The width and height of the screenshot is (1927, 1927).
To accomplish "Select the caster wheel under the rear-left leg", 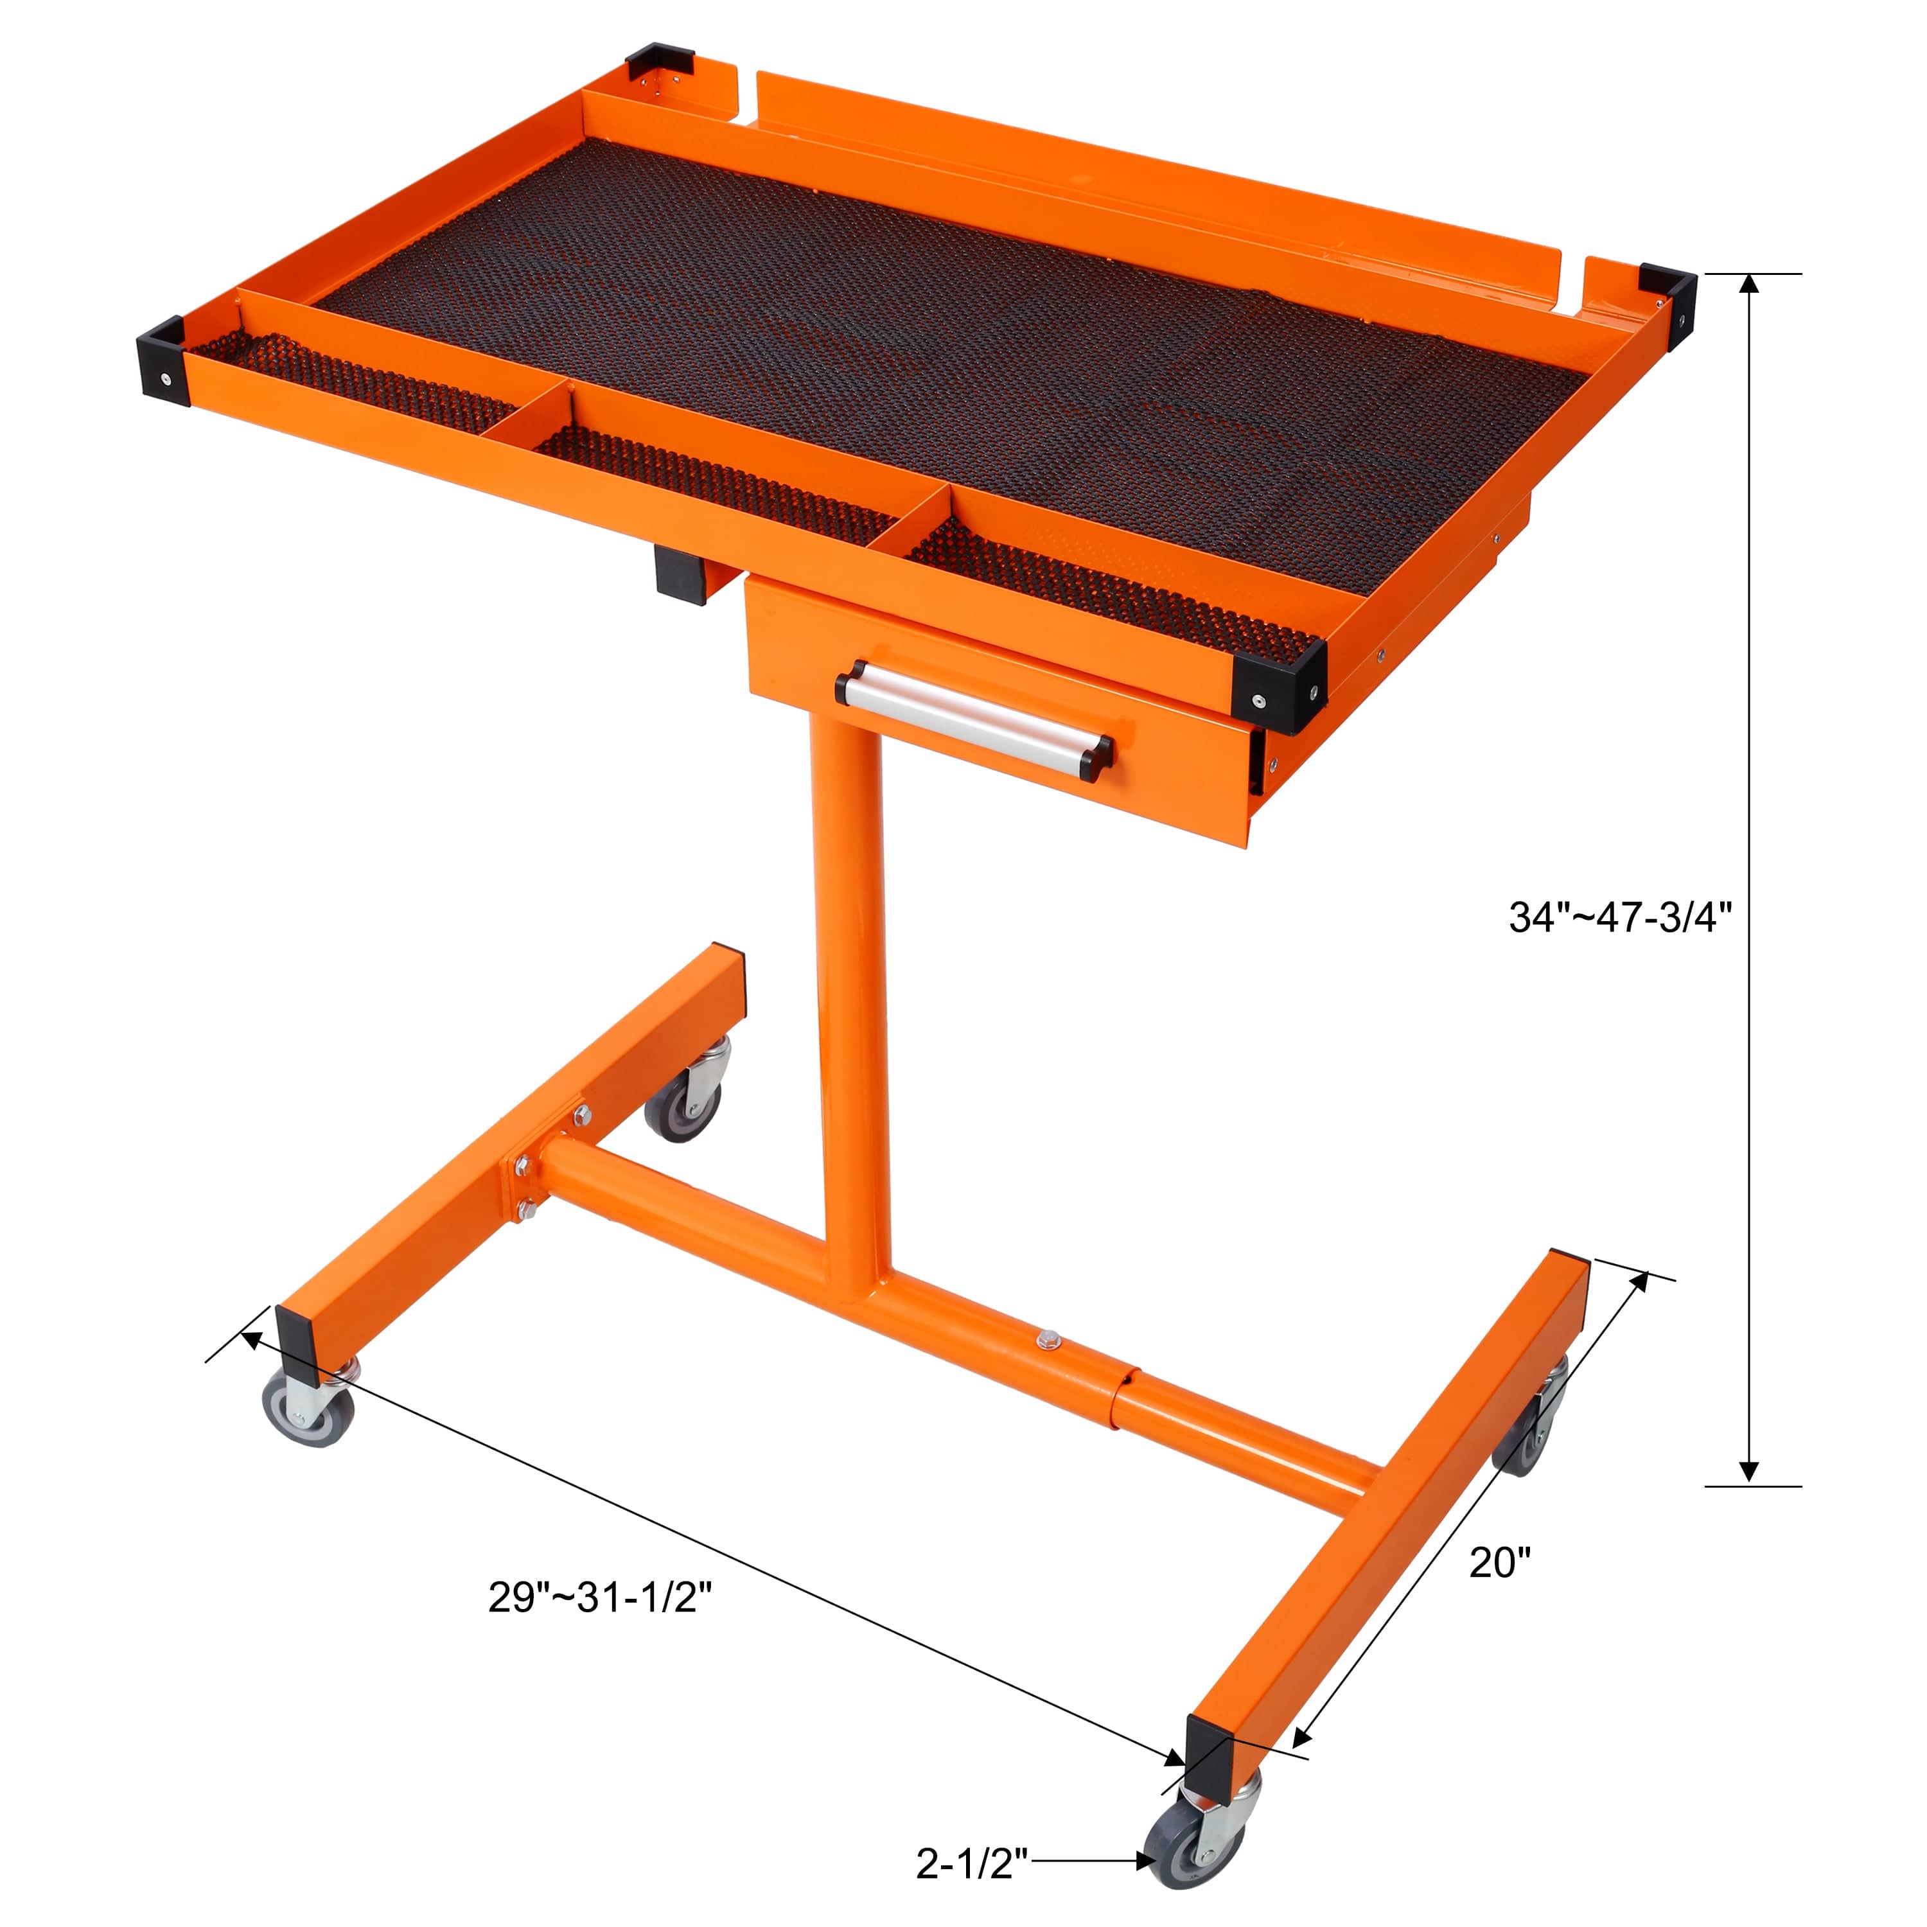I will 684,1105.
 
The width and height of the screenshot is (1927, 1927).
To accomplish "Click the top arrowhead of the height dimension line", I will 1748,285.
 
